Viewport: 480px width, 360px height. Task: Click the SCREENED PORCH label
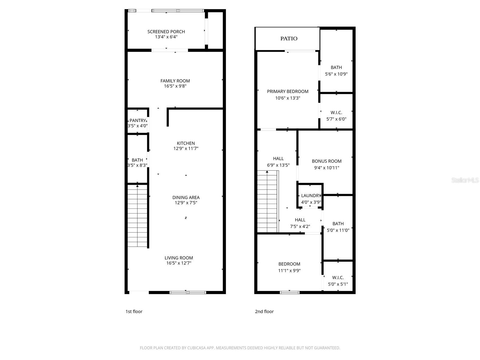(166, 31)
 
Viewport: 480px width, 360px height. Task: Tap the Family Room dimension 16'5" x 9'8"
(175, 86)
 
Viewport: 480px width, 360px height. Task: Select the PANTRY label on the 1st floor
(137, 121)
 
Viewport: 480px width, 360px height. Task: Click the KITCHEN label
(186, 143)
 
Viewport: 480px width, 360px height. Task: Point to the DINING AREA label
(186, 197)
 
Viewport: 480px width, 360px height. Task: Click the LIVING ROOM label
(178, 258)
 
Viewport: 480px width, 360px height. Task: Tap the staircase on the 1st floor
(137, 216)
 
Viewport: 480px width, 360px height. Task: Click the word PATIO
(289, 38)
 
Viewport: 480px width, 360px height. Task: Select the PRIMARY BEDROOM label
(287, 91)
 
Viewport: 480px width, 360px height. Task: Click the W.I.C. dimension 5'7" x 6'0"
(336, 119)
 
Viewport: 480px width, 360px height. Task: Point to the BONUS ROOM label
(326, 161)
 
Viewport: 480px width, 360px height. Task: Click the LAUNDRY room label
(311, 196)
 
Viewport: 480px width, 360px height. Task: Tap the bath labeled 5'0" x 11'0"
(338, 224)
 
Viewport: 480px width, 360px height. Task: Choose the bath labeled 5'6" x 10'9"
(336, 67)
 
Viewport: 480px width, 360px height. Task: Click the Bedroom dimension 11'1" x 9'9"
(289, 271)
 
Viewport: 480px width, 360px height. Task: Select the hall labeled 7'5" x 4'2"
(300, 220)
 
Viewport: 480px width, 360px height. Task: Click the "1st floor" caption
(134, 311)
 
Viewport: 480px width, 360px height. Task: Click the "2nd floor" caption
(264, 311)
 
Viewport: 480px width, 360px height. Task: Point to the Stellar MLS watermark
(465, 180)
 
